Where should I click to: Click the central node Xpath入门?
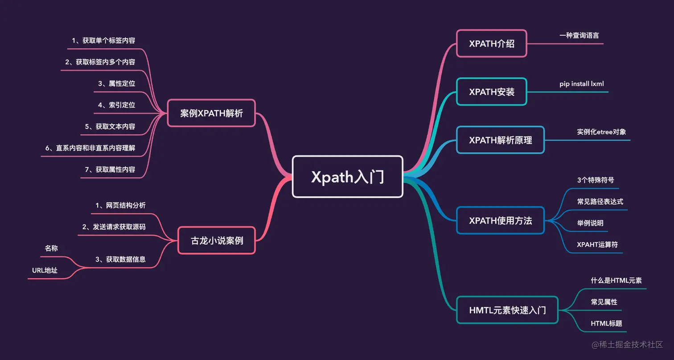tap(347, 177)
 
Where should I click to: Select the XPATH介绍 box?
tap(491, 43)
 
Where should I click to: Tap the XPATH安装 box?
tap(491, 92)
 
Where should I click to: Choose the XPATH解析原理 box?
tap(500, 140)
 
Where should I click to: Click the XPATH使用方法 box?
tap(500, 220)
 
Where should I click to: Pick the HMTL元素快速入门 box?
tap(507, 310)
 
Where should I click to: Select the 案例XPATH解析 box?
tap(211, 113)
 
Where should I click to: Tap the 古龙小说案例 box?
tap(217, 241)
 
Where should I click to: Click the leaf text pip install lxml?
tap(582, 83)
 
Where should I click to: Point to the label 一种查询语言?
tap(579, 35)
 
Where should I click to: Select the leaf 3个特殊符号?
tap(595, 180)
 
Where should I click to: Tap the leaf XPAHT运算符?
tap(597, 244)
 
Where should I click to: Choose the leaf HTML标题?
tap(606, 323)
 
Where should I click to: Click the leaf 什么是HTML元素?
tap(616, 280)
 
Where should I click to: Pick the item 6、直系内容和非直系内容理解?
tap(95, 148)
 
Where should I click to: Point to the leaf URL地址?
tap(45, 270)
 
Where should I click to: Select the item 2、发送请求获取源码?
tap(114, 227)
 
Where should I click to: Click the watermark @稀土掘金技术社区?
tap(627, 345)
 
